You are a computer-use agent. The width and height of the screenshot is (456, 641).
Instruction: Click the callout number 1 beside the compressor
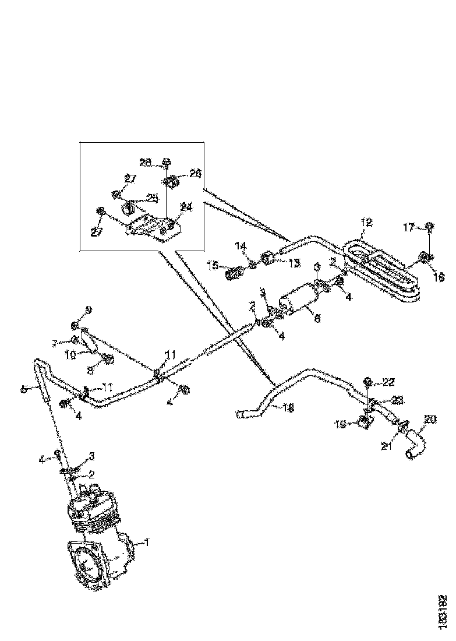click(147, 543)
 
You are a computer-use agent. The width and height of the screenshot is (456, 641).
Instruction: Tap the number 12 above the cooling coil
click(366, 223)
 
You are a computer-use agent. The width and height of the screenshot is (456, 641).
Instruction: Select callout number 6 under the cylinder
click(317, 319)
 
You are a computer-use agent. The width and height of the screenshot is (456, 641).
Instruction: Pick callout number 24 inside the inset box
click(186, 207)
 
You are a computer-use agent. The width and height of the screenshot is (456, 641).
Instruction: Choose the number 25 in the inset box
click(153, 198)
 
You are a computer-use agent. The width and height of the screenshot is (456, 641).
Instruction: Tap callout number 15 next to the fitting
click(213, 266)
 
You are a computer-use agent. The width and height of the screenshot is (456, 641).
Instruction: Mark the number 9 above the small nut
click(89, 309)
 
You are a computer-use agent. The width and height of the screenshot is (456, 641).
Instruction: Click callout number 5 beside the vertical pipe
click(24, 389)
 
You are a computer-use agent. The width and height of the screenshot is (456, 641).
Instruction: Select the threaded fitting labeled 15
click(235, 272)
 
